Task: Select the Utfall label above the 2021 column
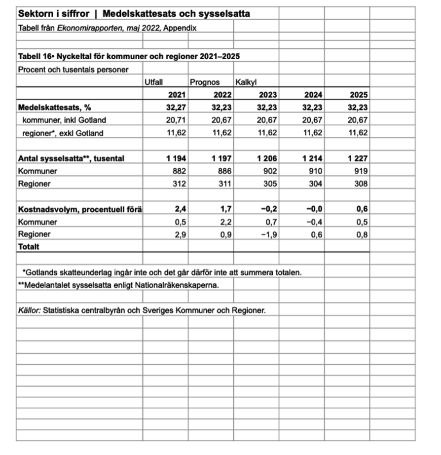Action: [x=153, y=82]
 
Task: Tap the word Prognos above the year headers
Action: [x=204, y=82]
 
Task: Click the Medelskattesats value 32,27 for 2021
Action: [x=177, y=107]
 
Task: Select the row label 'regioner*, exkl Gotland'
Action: [x=63, y=133]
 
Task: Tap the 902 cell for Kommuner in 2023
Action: [x=270, y=171]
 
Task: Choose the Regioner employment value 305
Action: [x=270, y=184]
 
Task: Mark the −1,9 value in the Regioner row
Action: [x=268, y=234]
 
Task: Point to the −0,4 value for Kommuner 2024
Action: [x=314, y=222]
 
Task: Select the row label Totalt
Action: [x=29, y=246]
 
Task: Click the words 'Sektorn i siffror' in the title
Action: [x=53, y=13]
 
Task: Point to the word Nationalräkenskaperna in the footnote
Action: [x=181, y=285]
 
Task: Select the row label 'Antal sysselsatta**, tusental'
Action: [x=71, y=158]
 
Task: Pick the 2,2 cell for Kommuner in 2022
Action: [x=225, y=222]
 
